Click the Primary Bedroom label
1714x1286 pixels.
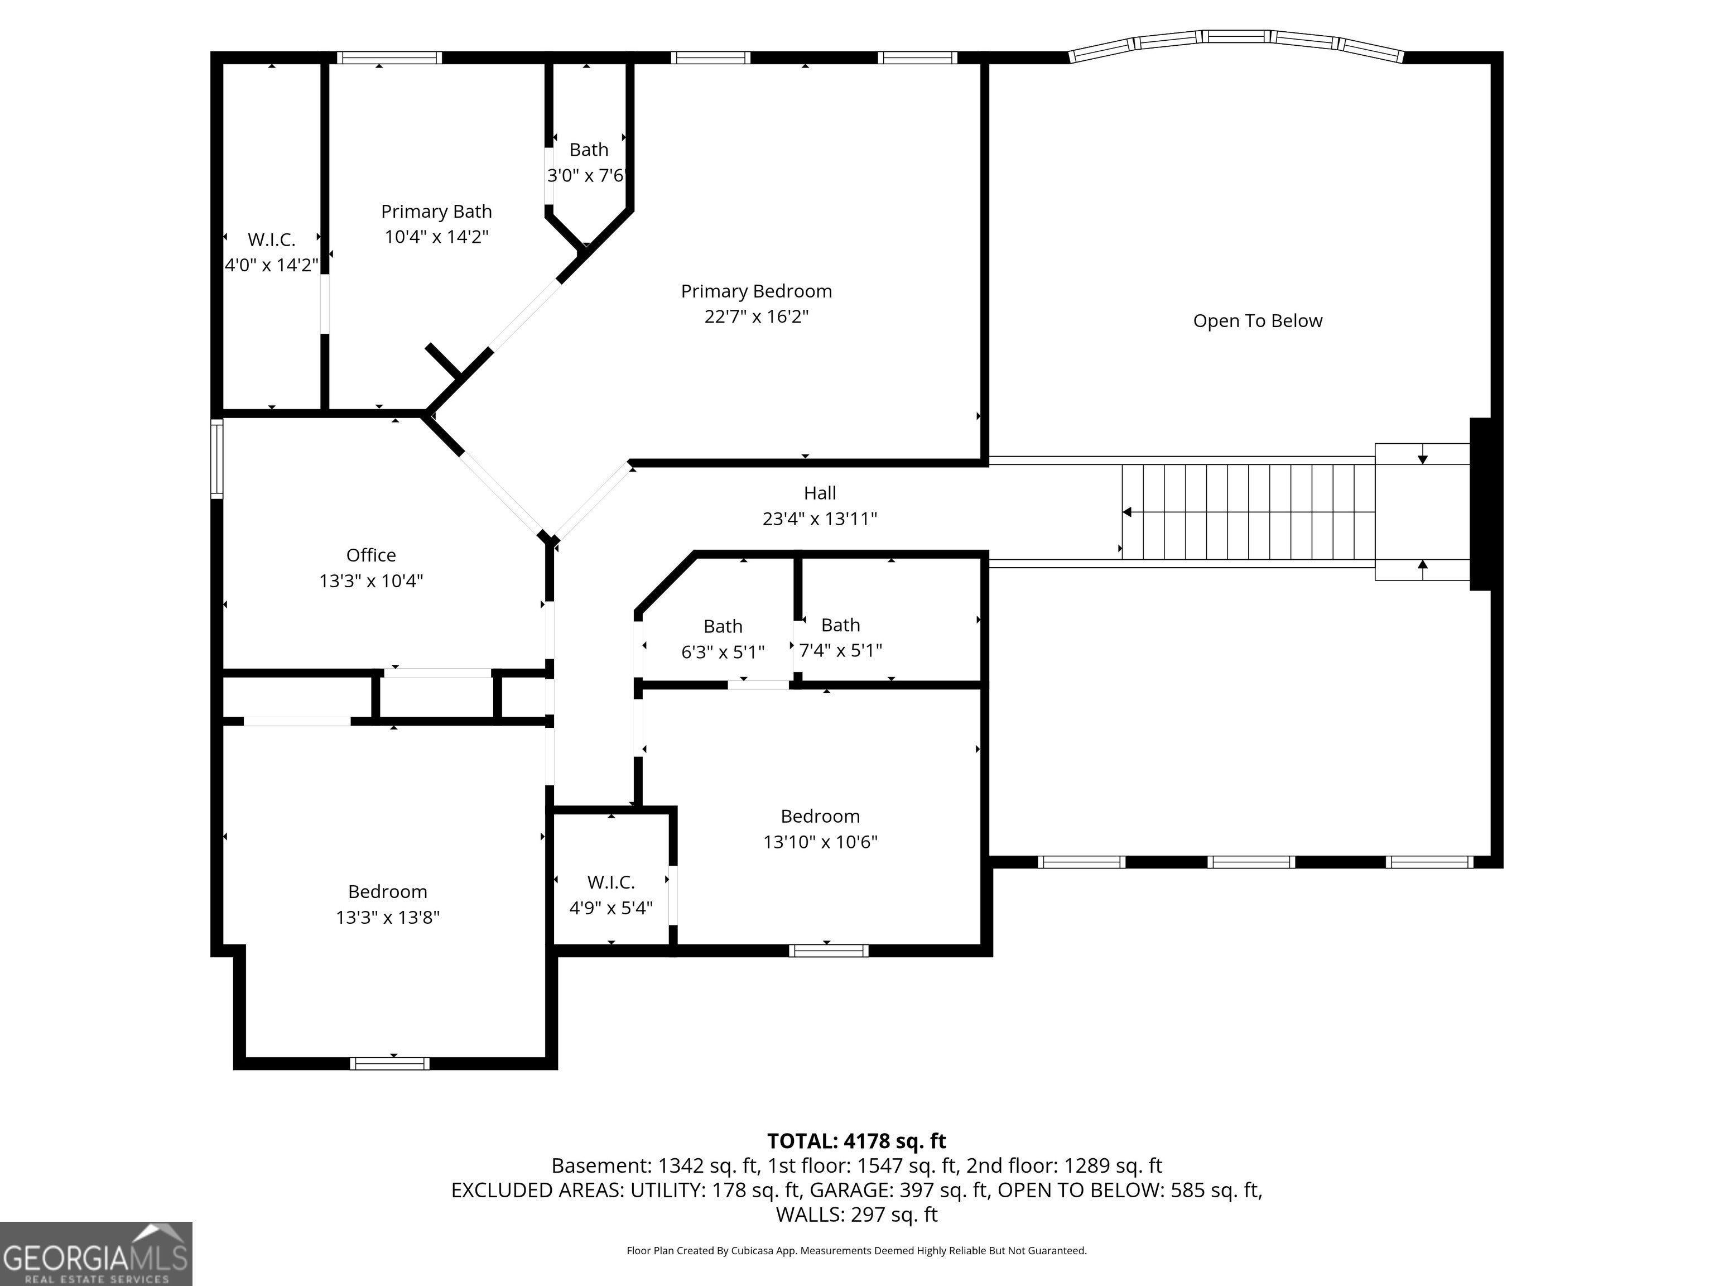click(756, 291)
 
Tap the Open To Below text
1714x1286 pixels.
click(1258, 321)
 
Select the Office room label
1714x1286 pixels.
click(371, 555)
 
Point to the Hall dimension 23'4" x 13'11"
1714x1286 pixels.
click(820, 519)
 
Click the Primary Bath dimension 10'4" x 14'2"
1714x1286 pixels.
click(436, 237)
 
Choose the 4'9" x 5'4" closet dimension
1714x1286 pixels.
click(612, 908)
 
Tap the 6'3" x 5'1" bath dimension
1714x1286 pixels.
click(723, 652)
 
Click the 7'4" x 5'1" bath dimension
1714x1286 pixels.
click(841, 650)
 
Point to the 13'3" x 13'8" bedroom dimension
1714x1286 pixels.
click(387, 917)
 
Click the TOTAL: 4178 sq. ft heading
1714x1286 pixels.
click(857, 1141)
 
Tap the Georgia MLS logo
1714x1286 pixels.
click(96, 1254)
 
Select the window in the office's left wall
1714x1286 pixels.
click(217, 459)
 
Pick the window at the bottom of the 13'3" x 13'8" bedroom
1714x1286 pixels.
click(390, 1063)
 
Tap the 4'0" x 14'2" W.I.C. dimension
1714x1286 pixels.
click(271, 265)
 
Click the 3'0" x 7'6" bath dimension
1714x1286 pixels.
click(586, 176)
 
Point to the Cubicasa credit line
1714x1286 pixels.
click(857, 1250)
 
